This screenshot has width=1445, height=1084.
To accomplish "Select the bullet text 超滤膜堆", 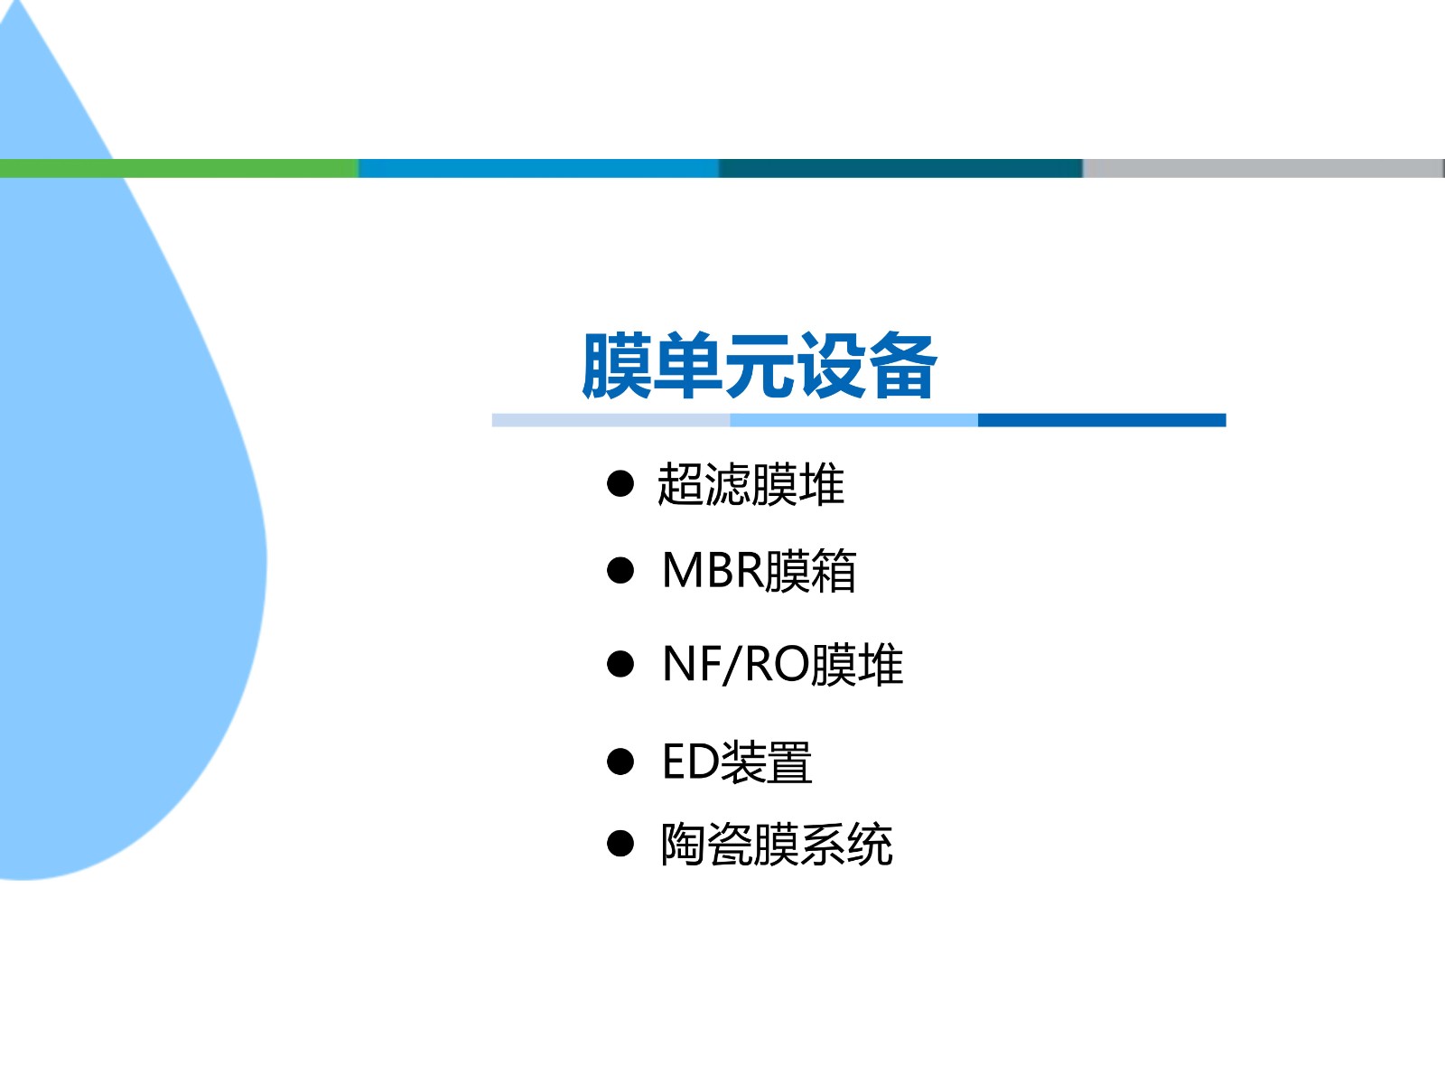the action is (x=750, y=484).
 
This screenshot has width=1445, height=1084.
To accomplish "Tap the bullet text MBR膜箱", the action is (x=759, y=571).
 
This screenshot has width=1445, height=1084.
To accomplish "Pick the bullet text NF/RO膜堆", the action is (x=783, y=665).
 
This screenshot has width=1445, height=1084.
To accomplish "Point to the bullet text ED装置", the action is (x=737, y=762).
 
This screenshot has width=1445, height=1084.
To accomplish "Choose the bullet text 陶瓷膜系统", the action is (x=777, y=844).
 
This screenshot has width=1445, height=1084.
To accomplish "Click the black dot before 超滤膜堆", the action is (x=620, y=484).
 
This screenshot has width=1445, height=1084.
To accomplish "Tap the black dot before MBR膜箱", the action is (x=620, y=571).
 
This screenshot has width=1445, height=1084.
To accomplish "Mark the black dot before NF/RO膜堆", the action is (x=620, y=664).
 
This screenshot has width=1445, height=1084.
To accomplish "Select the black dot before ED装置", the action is (x=620, y=762).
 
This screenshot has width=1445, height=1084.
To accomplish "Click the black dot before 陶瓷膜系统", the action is (x=620, y=843).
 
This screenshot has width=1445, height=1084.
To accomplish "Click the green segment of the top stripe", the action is (x=179, y=168).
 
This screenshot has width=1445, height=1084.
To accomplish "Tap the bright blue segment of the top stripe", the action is (x=538, y=168).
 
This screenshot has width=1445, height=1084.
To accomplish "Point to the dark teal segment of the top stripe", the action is (x=900, y=168).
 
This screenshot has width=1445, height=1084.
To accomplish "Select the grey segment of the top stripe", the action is (x=1263, y=168).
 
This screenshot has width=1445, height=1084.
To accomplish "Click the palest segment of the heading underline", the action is (x=611, y=420).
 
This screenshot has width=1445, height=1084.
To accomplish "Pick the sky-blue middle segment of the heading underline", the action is (x=853, y=420).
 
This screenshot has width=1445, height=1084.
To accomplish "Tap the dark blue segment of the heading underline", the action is (x=1102, y=420).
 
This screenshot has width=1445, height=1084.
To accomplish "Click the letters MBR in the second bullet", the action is (x=713, y=570).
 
